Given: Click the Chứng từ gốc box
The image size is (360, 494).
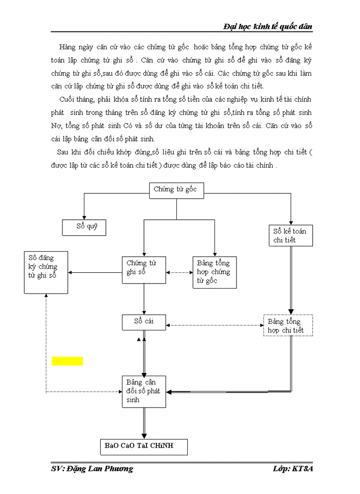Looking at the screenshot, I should pos(176,190).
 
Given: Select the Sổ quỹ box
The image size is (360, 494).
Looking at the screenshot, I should pos(84,227).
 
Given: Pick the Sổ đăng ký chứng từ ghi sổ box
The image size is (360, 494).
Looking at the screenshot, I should pos(46,272).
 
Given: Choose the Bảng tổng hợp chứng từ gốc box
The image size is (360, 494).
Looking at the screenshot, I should pos(214,272).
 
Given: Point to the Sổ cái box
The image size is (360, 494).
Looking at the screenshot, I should pos(144,323).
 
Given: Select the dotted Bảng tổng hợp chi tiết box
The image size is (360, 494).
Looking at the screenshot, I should pos(287,325).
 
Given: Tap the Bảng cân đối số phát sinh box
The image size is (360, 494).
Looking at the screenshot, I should pos(144,392).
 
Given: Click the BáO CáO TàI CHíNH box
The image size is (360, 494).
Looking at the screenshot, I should pos(144,446).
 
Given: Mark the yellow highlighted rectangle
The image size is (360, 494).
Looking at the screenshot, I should pos(67,361).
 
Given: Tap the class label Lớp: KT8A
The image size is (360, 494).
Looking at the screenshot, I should pos(294,468).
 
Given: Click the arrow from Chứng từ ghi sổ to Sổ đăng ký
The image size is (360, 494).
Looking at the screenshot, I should pos(96,272).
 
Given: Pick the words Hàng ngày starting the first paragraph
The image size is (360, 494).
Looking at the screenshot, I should pos(75,47).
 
